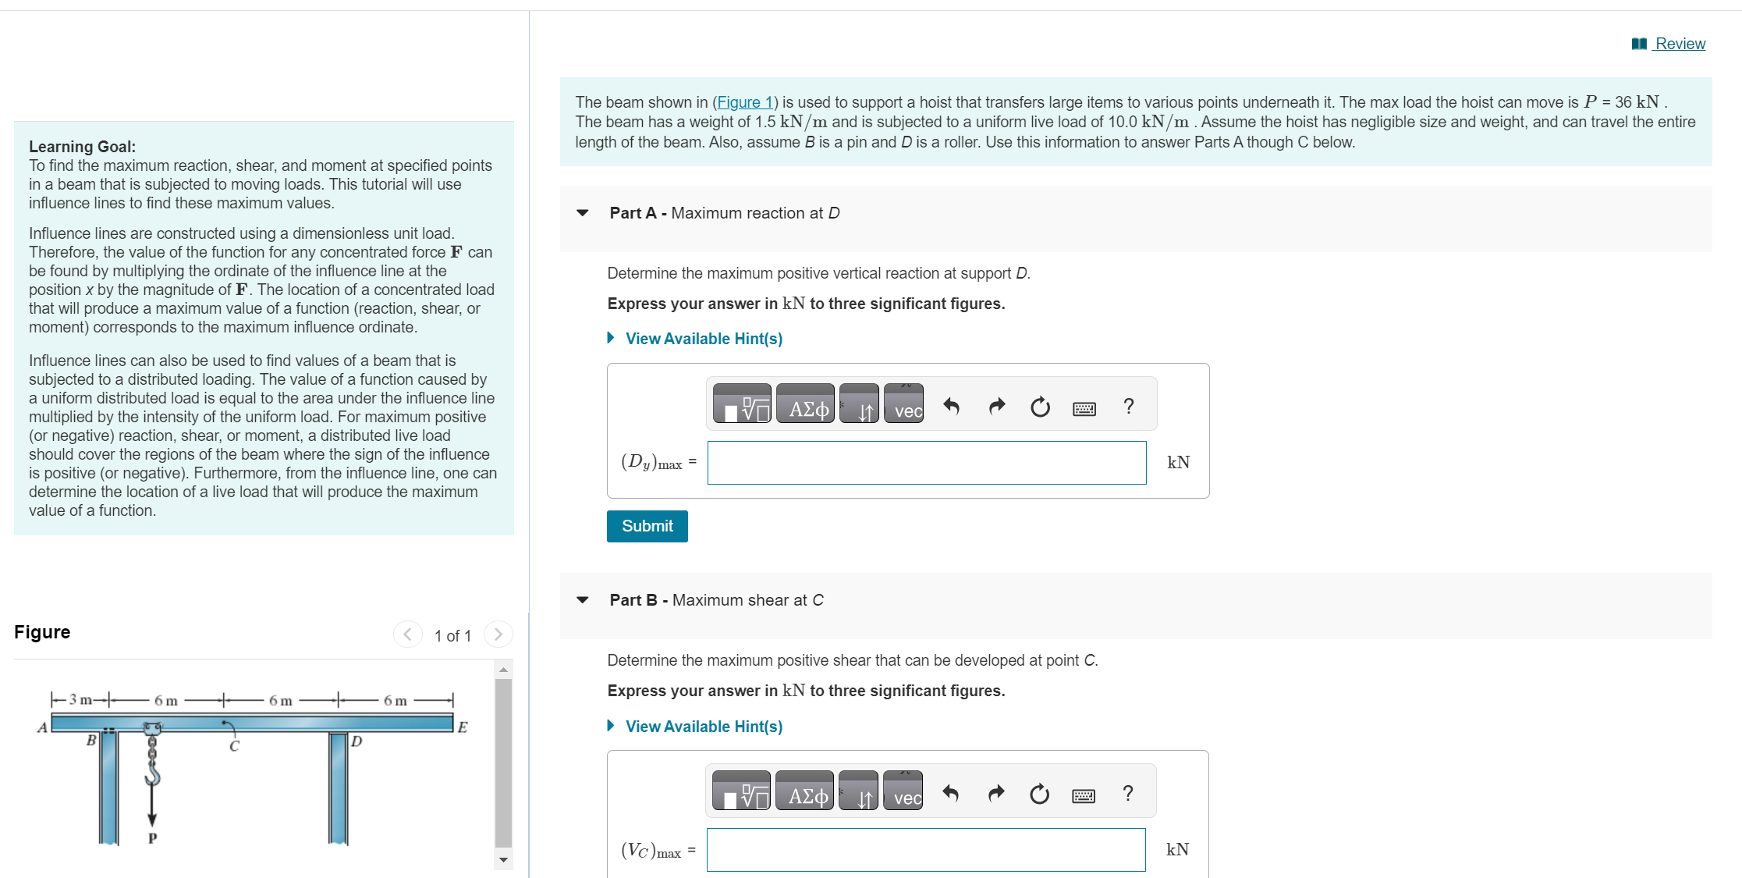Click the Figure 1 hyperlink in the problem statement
tap(744, 102)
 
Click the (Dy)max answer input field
tap(926, 463)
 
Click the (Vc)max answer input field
tap(925, 850)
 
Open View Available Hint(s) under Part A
tap(703, 339)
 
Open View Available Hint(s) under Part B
tap(703, 727)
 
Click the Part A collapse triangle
tap(582, 213)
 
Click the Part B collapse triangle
tap(582, 600)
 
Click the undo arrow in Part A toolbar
tap(951, 406)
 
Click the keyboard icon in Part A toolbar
tap(1084, 408)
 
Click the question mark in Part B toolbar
tap(1127, 793)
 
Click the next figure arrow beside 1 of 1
tap(498, 634)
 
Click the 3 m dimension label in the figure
tap(80, 699)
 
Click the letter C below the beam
tap(234, 746)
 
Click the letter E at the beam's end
tap(463, 727)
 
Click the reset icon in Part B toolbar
tap(1039, 794)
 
